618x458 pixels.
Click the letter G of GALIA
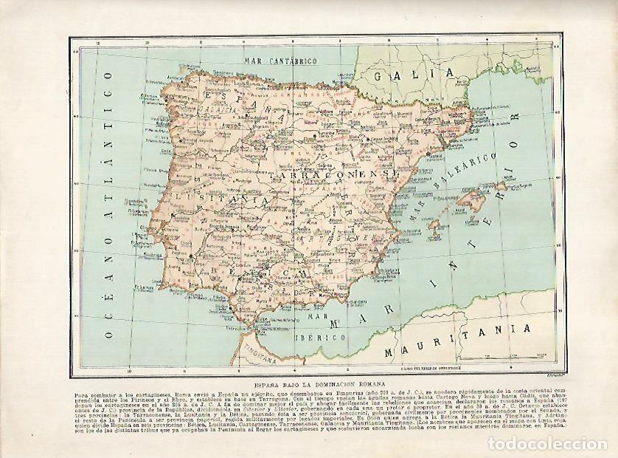click(381, 75)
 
